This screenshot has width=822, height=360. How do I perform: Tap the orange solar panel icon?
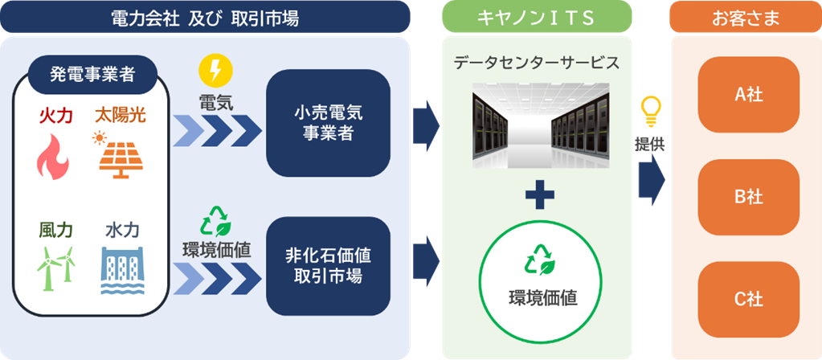(x=120, y=153)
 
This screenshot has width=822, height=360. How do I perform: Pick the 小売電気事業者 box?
(x=328, y=123)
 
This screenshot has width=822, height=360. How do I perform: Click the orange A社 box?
(x=749, y=94)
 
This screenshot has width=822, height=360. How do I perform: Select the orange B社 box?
(x=749, y=197)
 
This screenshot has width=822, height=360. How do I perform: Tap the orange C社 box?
(x=749, y=300)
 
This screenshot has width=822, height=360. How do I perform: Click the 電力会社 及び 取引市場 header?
(x=205, y=17)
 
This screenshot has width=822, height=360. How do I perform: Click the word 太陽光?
(x=120, y=117)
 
